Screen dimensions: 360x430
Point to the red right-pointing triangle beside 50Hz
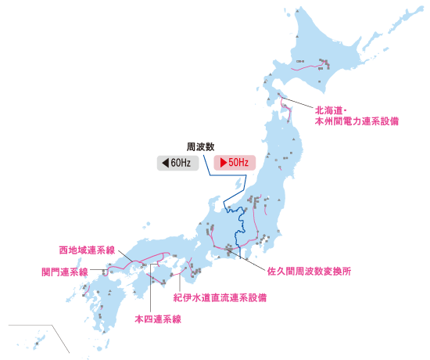click(224, 163)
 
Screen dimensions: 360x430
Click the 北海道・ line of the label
click(335, 111)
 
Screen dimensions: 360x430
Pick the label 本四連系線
click(157, 319)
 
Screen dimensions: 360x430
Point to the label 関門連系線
click(64, 272)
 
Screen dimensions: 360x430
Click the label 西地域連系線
click(87, 250)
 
